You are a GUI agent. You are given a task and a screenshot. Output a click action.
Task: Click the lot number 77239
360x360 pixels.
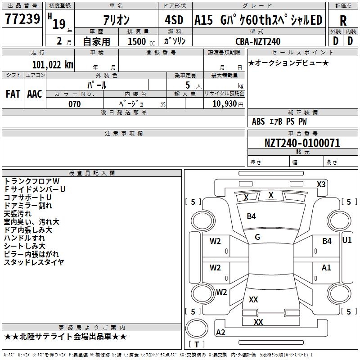click(x=22, y=18)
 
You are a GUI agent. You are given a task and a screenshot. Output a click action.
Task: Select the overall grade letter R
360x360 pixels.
click(x=343, y=21)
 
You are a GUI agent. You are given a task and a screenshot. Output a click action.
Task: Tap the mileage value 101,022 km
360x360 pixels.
click(x=53, y=65)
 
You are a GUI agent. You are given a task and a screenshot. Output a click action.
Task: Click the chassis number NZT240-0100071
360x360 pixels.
click(x=302, y=143)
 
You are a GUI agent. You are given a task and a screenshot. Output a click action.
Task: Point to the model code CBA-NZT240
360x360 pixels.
click(x=258, y=41)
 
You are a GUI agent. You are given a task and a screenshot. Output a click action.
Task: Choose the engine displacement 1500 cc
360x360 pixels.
click(x=141, y=41)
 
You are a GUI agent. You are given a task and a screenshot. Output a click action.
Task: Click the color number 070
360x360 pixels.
click(x=75, y=104)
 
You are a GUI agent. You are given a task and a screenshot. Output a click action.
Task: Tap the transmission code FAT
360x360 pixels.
click(x=13, y=94)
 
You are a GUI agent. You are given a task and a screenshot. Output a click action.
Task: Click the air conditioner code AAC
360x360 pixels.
click(x=35, y=94)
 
